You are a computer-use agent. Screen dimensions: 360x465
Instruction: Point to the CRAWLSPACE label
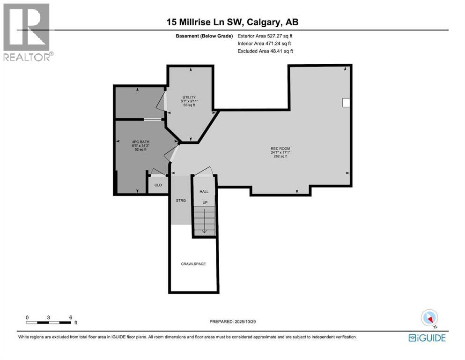click(x=193, y=264)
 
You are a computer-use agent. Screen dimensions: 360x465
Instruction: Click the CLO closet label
click(x=158, y=185)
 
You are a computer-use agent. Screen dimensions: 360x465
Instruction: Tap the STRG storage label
click(x=181, y=200)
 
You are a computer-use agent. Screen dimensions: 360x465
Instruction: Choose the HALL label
click(x=204, y=192)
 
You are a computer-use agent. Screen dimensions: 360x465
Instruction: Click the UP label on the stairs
click(x=205, y=202)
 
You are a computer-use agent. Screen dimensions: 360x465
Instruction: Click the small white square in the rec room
click(x=346, y=103)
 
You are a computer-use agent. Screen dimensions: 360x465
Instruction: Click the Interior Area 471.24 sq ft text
click(x=265, y=43)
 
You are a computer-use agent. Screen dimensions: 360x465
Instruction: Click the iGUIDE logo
click(x=427, y=337)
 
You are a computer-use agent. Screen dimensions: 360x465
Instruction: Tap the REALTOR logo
click(x=28, y=31)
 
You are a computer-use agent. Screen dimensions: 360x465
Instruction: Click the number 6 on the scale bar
click(x=70, y=317)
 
